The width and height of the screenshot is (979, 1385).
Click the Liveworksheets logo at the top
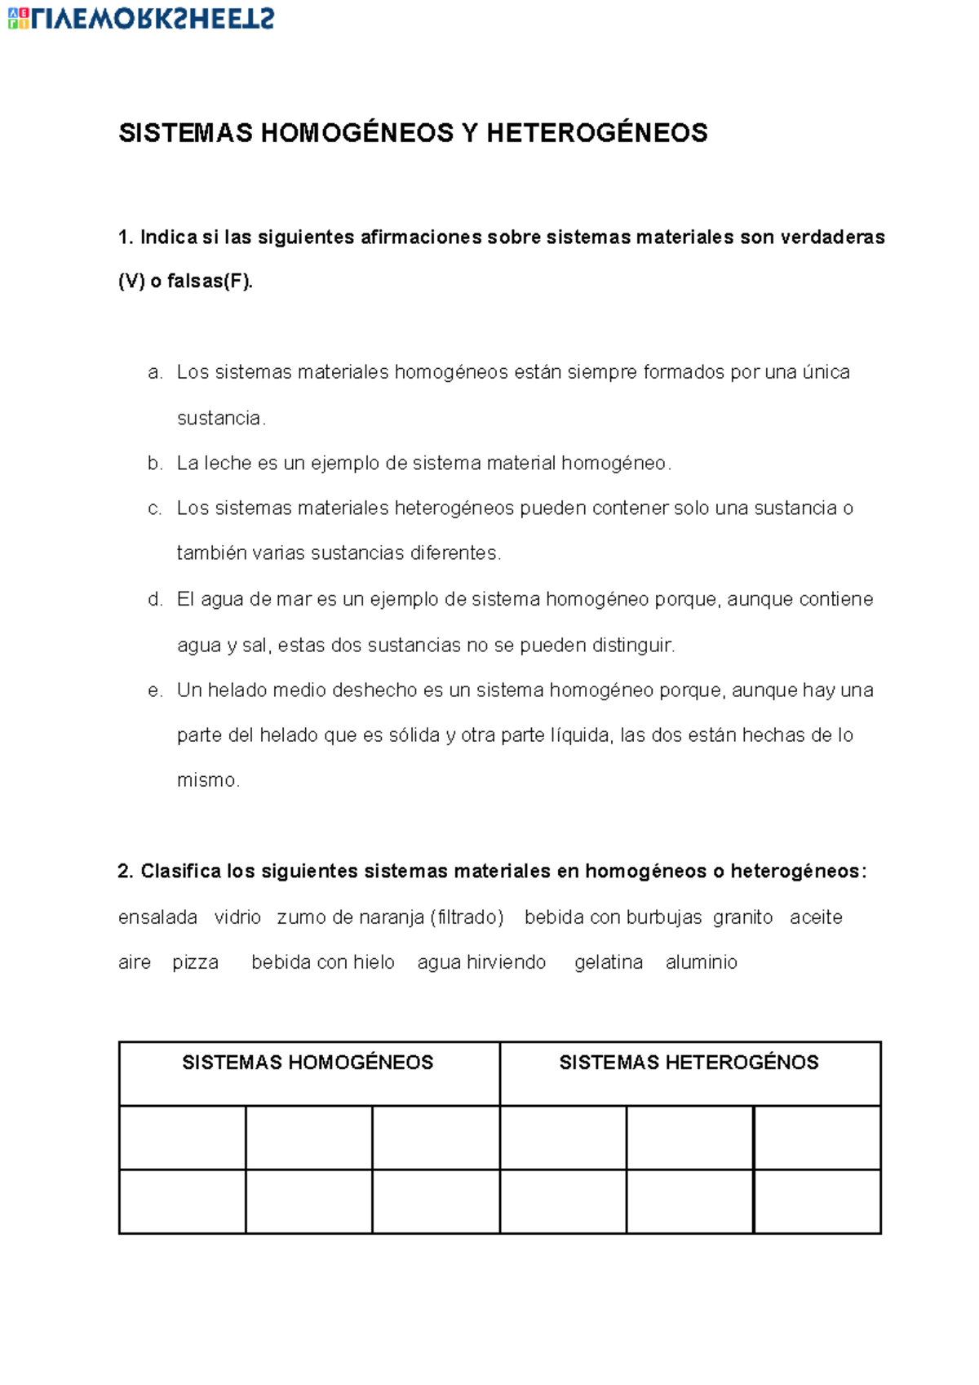141,18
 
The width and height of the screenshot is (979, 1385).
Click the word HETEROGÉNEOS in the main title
597,133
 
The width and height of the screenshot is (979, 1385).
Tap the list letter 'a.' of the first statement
155,373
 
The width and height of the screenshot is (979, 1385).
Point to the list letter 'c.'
155,508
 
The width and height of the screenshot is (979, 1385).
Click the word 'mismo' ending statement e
207,780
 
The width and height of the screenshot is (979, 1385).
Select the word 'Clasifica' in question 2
180,872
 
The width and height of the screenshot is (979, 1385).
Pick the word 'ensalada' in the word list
157,917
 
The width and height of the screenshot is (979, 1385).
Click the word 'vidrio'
237,917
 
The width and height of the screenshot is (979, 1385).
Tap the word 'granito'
742,917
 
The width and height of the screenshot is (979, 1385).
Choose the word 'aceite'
816,917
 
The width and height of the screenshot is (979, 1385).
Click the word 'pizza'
195,963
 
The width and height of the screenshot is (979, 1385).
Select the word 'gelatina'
609,963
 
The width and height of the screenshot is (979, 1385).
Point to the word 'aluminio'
702,963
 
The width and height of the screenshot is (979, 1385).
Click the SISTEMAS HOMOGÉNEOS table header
308,1063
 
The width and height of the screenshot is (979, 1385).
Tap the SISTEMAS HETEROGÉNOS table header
689,1063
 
